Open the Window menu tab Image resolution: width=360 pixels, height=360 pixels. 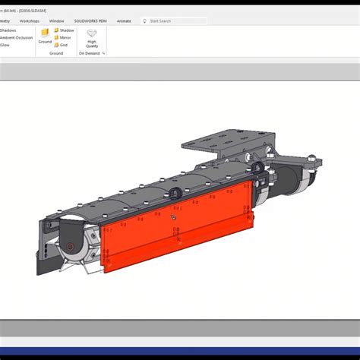(56, 21)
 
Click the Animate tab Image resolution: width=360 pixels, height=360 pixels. (125, 21)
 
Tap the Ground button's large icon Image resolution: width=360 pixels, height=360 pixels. (45, 33)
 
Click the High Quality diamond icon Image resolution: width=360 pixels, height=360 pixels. (92, 34)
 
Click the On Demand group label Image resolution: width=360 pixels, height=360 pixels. (90, 54)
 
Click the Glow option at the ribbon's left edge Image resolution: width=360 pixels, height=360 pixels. (5, 45)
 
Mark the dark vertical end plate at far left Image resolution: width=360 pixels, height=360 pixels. (41, 243)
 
